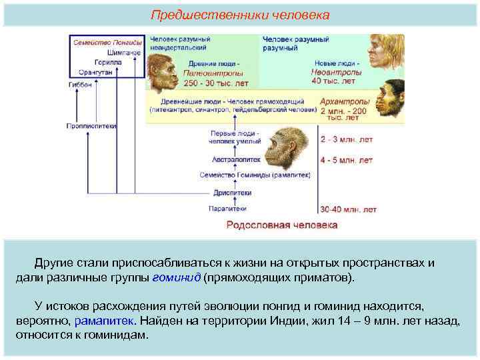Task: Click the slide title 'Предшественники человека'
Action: (x=239, y=14)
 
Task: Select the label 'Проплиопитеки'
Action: (x=91, y=125)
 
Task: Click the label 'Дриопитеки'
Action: (x=233, y=193)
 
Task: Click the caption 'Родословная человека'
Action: (x=282, y=225)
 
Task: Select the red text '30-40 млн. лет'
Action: (x=348, y=209)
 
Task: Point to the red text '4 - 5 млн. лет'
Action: (x=346, y=161)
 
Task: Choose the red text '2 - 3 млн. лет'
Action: (x=346, y=140)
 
